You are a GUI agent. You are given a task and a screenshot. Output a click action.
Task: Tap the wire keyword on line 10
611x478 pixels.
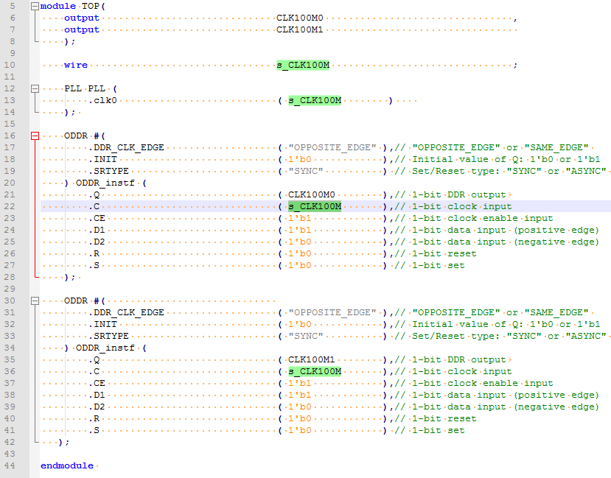coord(75,65)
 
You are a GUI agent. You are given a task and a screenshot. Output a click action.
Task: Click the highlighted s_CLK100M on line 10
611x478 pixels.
coord(303,65)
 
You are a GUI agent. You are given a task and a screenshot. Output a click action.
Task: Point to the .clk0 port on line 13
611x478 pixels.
coord(102,100)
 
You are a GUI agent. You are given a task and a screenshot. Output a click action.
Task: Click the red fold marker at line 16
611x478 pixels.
coord(34,136)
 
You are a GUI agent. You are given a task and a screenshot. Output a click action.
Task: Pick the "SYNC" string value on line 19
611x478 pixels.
coord(306,171)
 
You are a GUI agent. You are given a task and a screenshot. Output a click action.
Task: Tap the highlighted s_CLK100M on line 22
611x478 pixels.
coord(315,206)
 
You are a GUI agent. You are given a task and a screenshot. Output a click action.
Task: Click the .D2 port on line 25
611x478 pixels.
coord(97,242)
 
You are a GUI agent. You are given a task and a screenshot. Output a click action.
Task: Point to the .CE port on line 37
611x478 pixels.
coord(97,383)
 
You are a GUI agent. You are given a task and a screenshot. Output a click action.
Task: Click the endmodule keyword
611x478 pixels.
coord(67,465)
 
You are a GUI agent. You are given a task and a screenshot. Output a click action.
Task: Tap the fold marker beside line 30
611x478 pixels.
coord(34,300)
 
